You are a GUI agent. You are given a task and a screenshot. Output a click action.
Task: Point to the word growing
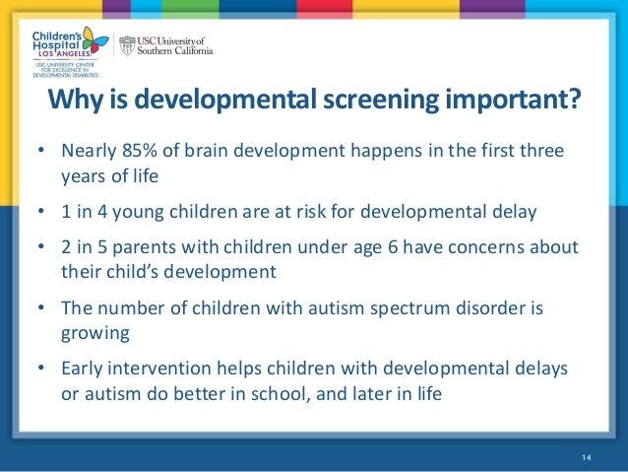coord(95,332)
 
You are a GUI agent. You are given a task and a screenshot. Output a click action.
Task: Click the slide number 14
coord(588,454)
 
